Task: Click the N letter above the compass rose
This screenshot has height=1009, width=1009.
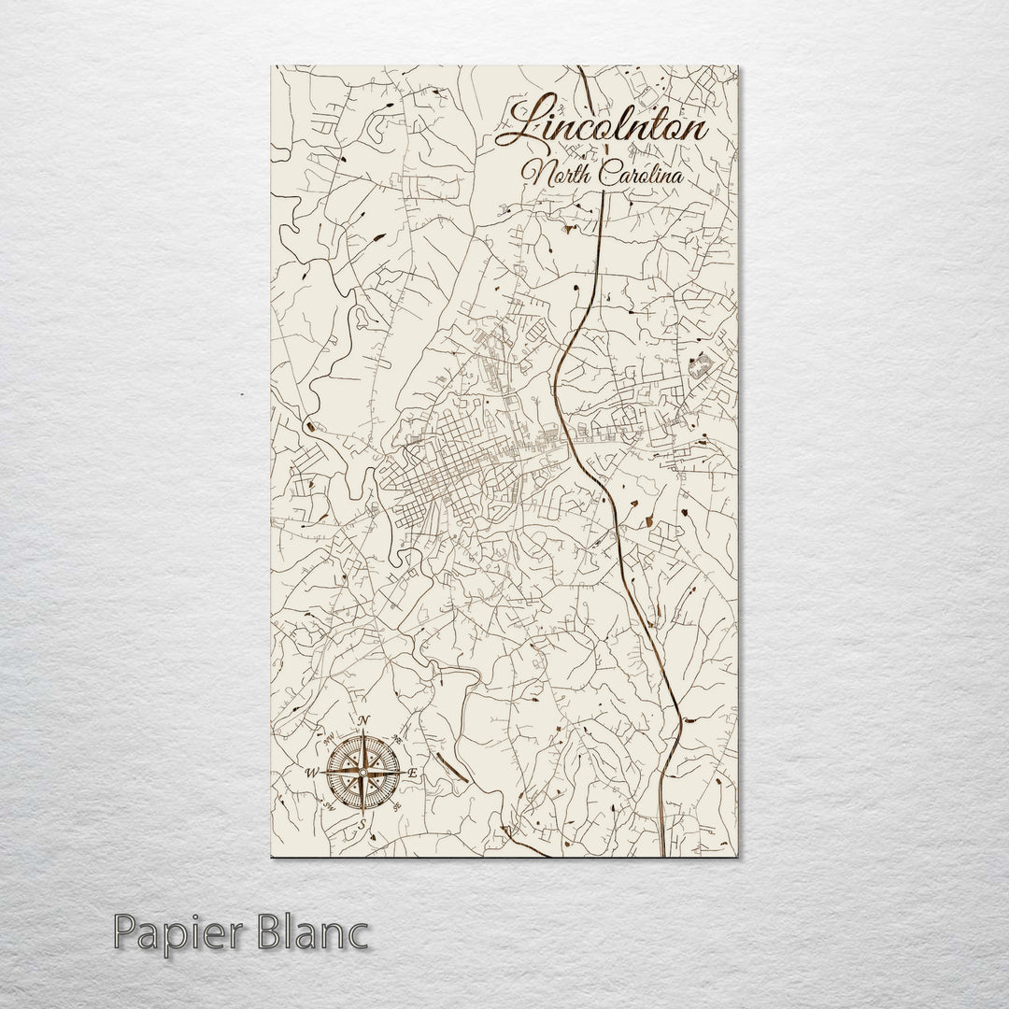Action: (364, 719)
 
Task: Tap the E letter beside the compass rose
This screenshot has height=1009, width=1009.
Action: (413, 775)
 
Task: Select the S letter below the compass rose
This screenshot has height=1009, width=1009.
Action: (363, 826)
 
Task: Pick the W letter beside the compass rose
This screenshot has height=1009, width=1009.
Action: (311, 772)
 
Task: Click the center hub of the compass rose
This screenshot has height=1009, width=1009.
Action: (362, 772)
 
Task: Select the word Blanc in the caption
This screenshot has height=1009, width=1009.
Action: (300, 932)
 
